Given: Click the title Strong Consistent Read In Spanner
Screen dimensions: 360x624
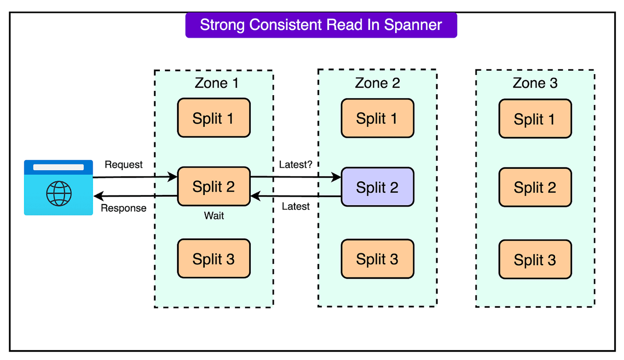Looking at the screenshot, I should click(x=321, y=25).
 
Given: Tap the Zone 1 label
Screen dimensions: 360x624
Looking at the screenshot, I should click(x=216, y=83).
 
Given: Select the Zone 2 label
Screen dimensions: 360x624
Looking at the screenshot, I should click(x=377, y=83).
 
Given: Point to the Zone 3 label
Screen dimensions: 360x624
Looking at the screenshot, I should click(x=535, y=83).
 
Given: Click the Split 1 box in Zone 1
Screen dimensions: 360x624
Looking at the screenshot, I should click(x=213, y=118).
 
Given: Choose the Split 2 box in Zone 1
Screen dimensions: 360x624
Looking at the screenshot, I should click(x=213, y=186).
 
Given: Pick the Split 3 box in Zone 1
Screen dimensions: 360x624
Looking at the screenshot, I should click(x=213, y=258).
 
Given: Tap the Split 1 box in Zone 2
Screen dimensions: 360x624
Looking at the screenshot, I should click(x=377, y=118).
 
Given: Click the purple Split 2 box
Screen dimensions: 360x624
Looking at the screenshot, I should click(x=377, y=187).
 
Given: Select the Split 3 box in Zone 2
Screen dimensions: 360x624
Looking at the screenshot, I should click(x=377, y=259).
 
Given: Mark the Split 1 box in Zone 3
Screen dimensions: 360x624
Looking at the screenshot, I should click(x=535, y=119).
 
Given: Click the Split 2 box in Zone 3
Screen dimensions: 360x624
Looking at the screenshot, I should click(x=535, y=187).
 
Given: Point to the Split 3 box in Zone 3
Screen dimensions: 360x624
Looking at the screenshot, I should click(x=535, y=259).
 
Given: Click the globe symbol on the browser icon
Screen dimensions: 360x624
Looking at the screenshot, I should click(x=59, y=193).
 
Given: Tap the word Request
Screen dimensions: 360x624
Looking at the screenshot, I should click(x=123, y=165).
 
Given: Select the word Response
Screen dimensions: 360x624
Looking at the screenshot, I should click(x=124, y=208).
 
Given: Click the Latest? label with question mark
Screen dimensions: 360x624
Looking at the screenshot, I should click(x=295, y=165).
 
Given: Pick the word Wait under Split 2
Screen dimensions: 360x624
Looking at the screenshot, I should click(x=214, y=216).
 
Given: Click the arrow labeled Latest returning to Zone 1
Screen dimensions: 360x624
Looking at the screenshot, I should click(x=296, y=196).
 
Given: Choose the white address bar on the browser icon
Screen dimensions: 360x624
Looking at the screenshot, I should click(x=59, y=167).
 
